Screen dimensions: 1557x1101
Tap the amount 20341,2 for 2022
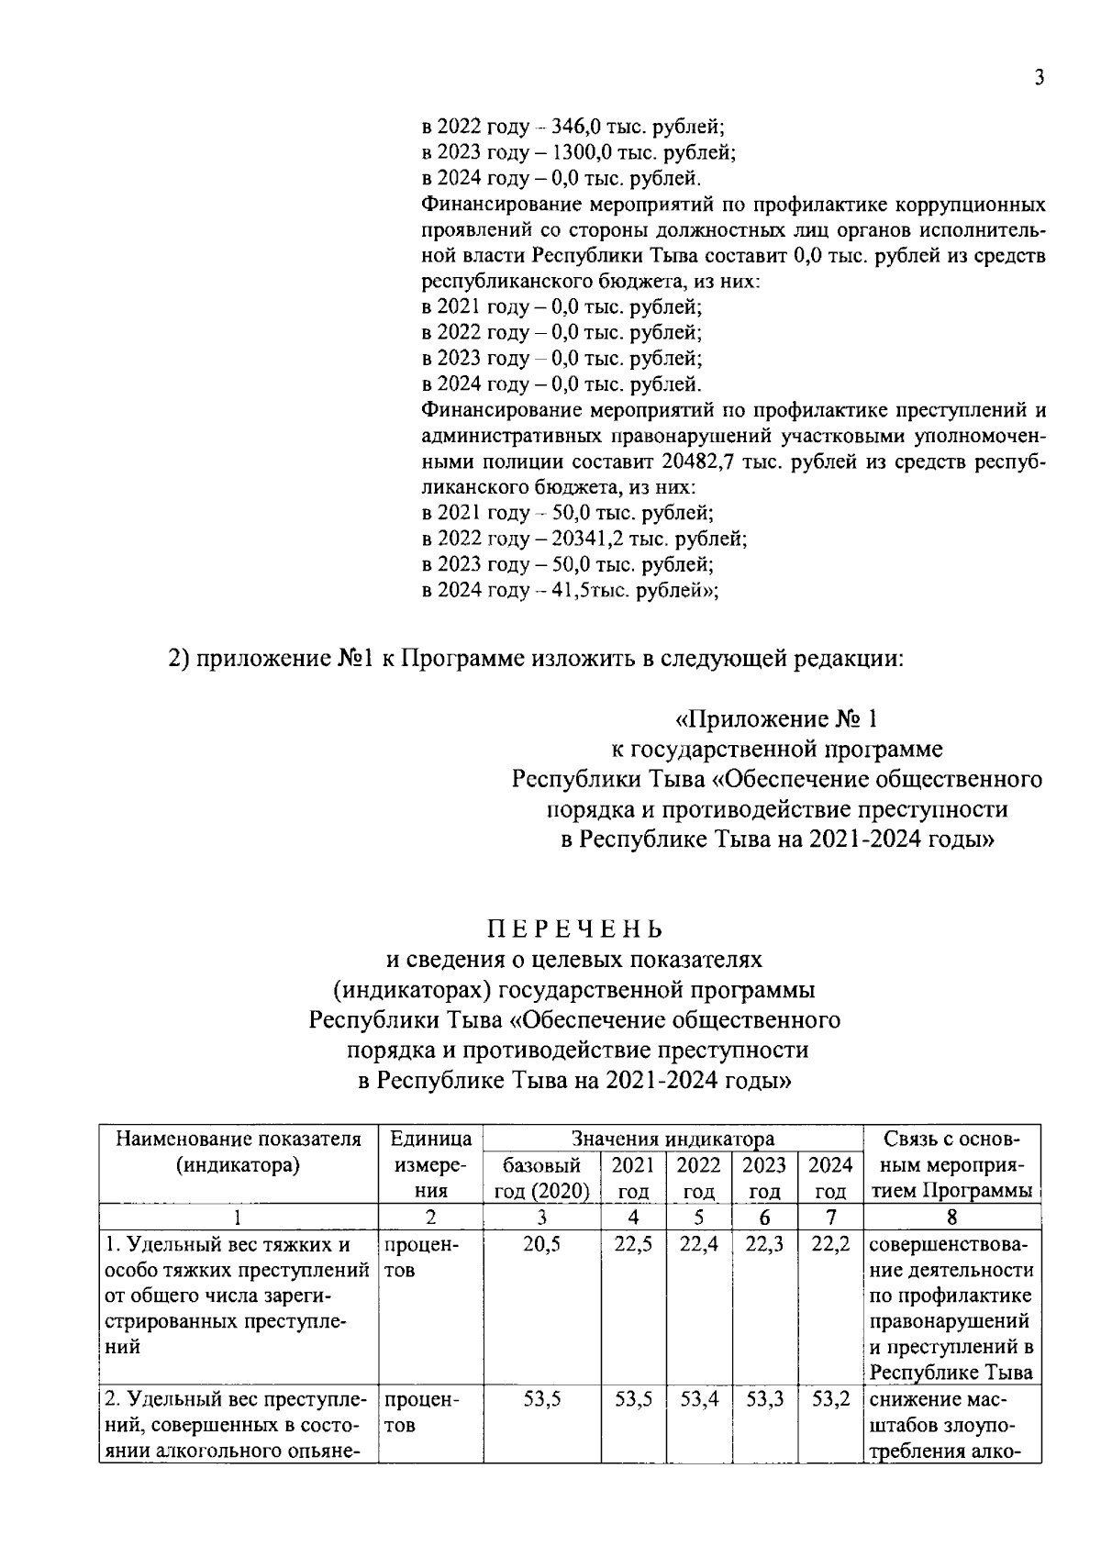pos(591,538)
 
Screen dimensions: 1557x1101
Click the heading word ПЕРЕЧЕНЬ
pos(574,929)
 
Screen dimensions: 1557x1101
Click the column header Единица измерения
pos(430,1165)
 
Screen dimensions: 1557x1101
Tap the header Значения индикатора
pos(673,1140)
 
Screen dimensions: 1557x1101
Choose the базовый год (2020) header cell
pos(541,1178)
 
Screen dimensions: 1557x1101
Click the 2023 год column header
pos(763,1178)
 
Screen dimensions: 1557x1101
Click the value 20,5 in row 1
pos(541,1245)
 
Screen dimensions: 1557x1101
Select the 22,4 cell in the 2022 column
pos(698,1245)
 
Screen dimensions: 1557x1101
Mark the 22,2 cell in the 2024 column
pos(830,1245)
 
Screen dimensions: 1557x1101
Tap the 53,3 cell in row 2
pos(763,1399)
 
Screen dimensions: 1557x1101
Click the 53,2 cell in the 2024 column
pos(830,1399)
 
